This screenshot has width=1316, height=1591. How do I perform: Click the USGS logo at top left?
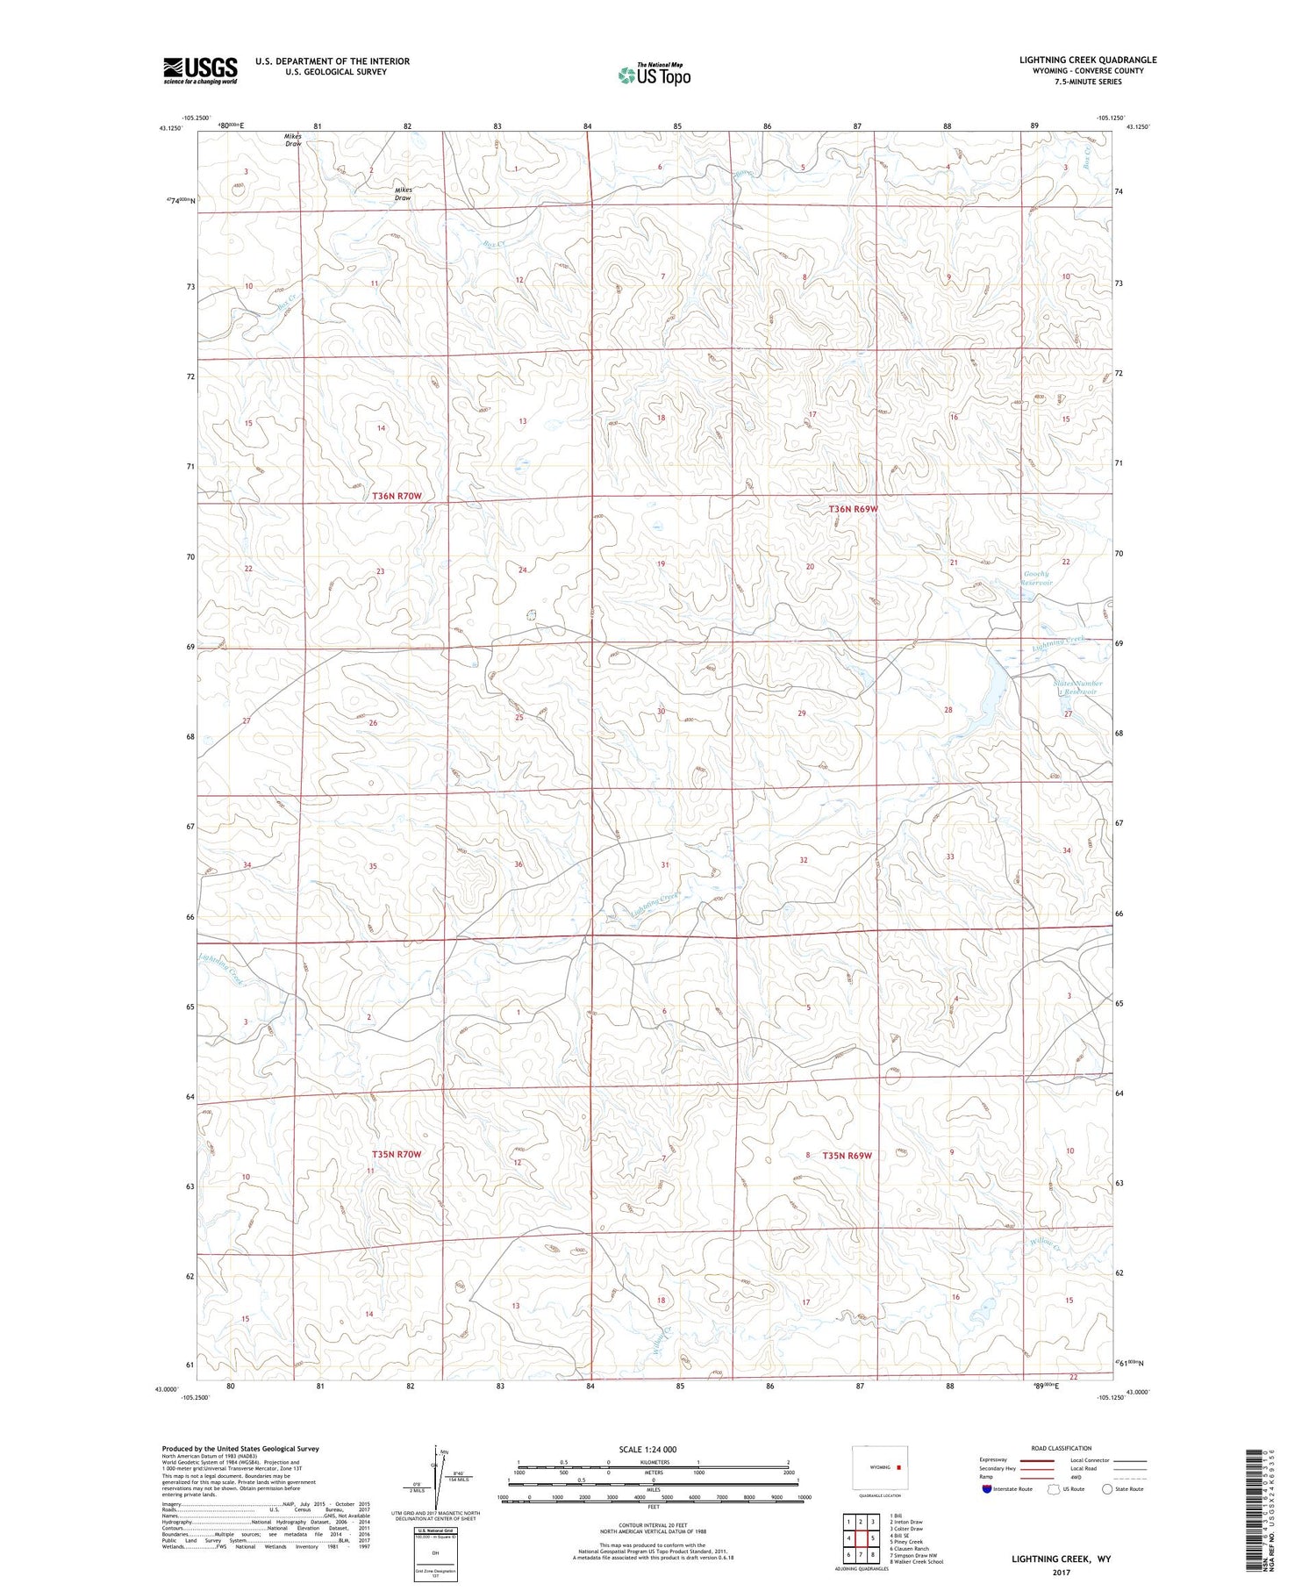pyautogui.click(x=200, y=69)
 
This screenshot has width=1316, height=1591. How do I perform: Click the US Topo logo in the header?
pyautogui.click(x=654, y=75)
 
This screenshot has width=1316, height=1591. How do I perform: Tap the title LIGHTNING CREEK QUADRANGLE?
pyautogui.click(x=1087, y=60)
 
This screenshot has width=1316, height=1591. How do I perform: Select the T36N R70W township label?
pyautogui.click(x=397, y=496)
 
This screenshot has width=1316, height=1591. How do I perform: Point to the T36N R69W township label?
pyautogui.click(x=853, y=509)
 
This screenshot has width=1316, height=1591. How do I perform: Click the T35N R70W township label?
pyautogui.click(x=397, y=1154)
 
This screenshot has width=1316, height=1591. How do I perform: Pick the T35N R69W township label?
pyautogui.click(x=848, y=1156)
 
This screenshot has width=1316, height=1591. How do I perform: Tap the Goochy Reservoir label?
pyautogui.click(x=1038, y=578)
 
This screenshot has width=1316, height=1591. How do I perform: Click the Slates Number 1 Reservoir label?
pyautogui.click(x=1077, y=687)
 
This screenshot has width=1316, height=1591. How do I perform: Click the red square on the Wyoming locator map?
pyautogui.click(x=898, y=1466)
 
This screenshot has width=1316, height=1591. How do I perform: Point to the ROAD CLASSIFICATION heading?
pyautogui.click(x=1061, y=1448)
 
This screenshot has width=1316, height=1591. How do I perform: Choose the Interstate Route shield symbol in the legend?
pyautogui.click(x=987, y=1488)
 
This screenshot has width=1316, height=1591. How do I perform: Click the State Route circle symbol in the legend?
pyautogui.click(x=1108, y=1488)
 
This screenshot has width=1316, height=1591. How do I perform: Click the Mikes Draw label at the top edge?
pyautogui.click(x=293, y=140)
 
